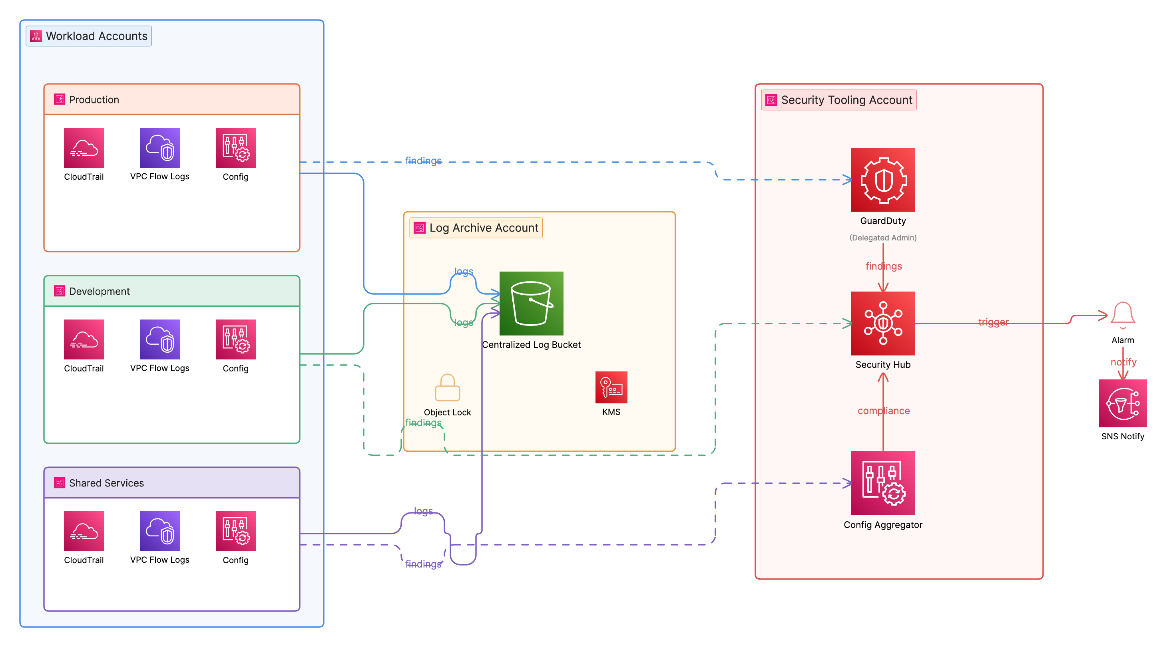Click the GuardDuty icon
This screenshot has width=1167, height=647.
(x=882, y=179)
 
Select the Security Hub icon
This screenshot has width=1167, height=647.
(x=882, y=323)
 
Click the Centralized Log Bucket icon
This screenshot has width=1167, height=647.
(x=531, y=304)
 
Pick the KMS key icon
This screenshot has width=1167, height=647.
(x=611, y=387)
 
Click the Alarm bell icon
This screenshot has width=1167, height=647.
(x=1122, y=315)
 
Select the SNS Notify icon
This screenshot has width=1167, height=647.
(x=1122, y=403)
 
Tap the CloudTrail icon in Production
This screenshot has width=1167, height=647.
(x=84, y=148)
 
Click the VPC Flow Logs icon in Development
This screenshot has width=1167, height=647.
(x=159, y=339)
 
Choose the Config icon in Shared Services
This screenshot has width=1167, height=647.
(x=235, y=531)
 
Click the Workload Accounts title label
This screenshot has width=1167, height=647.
(x=96, y=36)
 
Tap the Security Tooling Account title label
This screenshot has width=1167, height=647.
(x=846, y=100)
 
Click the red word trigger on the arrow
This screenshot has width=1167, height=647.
(x=993, y=322)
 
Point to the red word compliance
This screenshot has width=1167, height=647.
(x=883, y=411)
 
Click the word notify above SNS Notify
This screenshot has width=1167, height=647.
(x=1123, y=362)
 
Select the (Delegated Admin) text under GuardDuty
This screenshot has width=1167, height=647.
(x=882, y=238)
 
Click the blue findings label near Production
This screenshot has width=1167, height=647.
(x=423, y=161)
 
